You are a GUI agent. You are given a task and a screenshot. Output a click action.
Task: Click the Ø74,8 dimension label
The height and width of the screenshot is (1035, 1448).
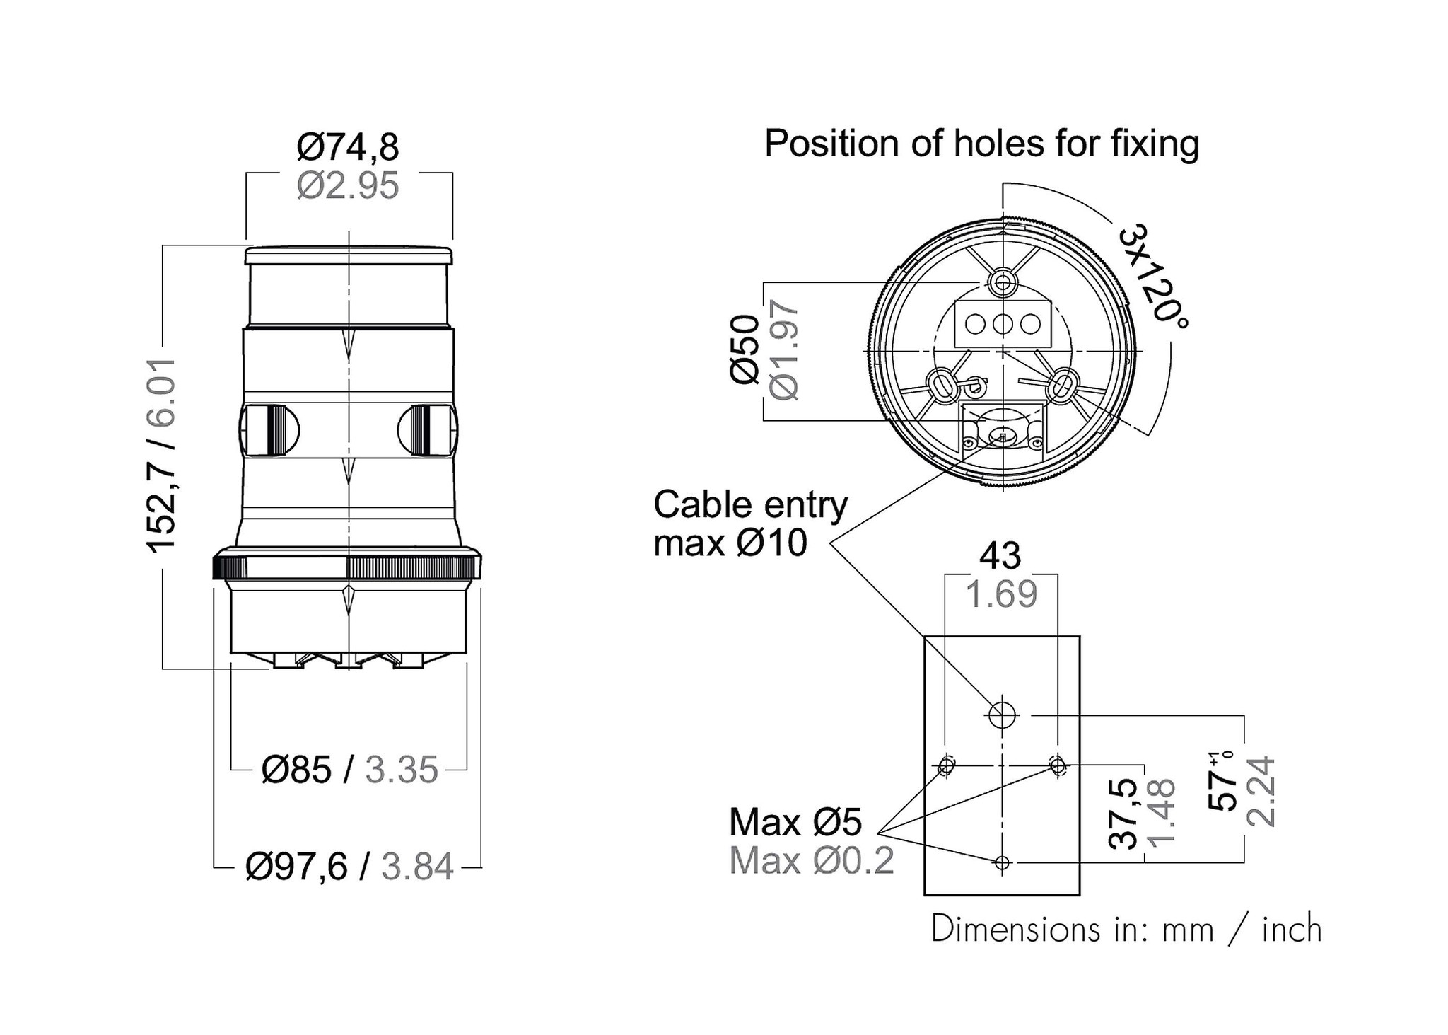[x=348, y=147]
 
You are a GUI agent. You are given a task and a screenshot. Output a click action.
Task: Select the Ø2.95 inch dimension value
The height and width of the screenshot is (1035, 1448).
[x=348, y=186]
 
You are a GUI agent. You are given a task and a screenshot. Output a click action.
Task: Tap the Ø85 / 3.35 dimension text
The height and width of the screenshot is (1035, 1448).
[x=349, y=769]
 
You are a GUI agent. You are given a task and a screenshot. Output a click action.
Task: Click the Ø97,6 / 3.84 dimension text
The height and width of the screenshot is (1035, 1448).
[x=349, y=867]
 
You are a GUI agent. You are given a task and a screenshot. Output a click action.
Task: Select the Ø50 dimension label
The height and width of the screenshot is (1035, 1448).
[x=745, y=350]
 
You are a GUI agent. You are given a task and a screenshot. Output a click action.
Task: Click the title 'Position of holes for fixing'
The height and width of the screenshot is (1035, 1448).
[x=981, y=144]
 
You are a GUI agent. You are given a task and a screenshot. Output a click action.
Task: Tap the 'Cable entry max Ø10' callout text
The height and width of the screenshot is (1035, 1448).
[x=749, y=524]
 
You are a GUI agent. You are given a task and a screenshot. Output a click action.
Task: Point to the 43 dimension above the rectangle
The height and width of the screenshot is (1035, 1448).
[x=1000, y=556]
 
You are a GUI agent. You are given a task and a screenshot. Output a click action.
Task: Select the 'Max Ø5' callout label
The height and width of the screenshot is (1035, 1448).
[x=795, y=822]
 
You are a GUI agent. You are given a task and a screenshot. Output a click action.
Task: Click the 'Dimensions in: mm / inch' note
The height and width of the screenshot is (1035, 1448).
[x=1126, y=929]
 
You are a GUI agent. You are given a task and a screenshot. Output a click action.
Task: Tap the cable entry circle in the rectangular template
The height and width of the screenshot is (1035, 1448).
[x=1002, y=715]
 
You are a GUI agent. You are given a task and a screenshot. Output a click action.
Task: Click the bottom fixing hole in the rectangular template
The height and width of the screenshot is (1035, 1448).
[x=1002, y=863]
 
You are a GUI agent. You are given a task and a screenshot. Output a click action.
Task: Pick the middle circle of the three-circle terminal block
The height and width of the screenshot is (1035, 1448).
[x=1003, y=324]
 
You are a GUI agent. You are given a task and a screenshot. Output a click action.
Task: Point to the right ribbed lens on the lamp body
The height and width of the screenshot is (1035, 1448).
[x=426, y=429]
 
